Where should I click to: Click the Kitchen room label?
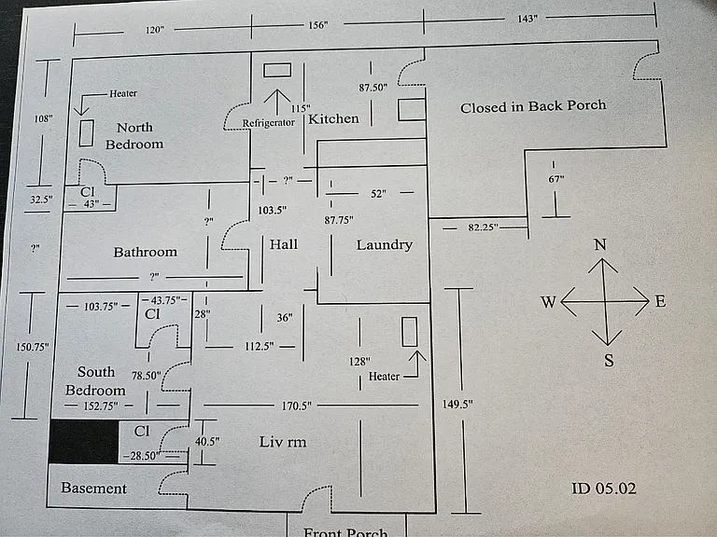(333, 118)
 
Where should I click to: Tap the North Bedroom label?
(134, 135)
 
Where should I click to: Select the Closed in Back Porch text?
(533, 106)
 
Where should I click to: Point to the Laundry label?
(384, 245)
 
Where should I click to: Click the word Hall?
(284, 244)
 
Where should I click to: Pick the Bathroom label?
(146, 252)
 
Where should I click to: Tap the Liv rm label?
(283, 442)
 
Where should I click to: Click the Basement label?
(93, 489)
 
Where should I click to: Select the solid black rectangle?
(84, 442)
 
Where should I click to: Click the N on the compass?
(600, 245)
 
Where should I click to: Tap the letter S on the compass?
(609, 360)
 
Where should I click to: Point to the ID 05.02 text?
(604, 489)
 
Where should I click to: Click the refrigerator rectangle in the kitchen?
(277, 70)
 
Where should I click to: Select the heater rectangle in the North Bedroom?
(87, 133)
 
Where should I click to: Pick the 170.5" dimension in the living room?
(296, 406)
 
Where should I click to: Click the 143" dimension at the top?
(527, 19)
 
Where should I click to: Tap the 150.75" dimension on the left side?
(32, 347)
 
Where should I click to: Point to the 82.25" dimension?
(484, 227)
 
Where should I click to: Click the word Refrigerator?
(269, 123)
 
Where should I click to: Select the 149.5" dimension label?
(457, 404)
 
